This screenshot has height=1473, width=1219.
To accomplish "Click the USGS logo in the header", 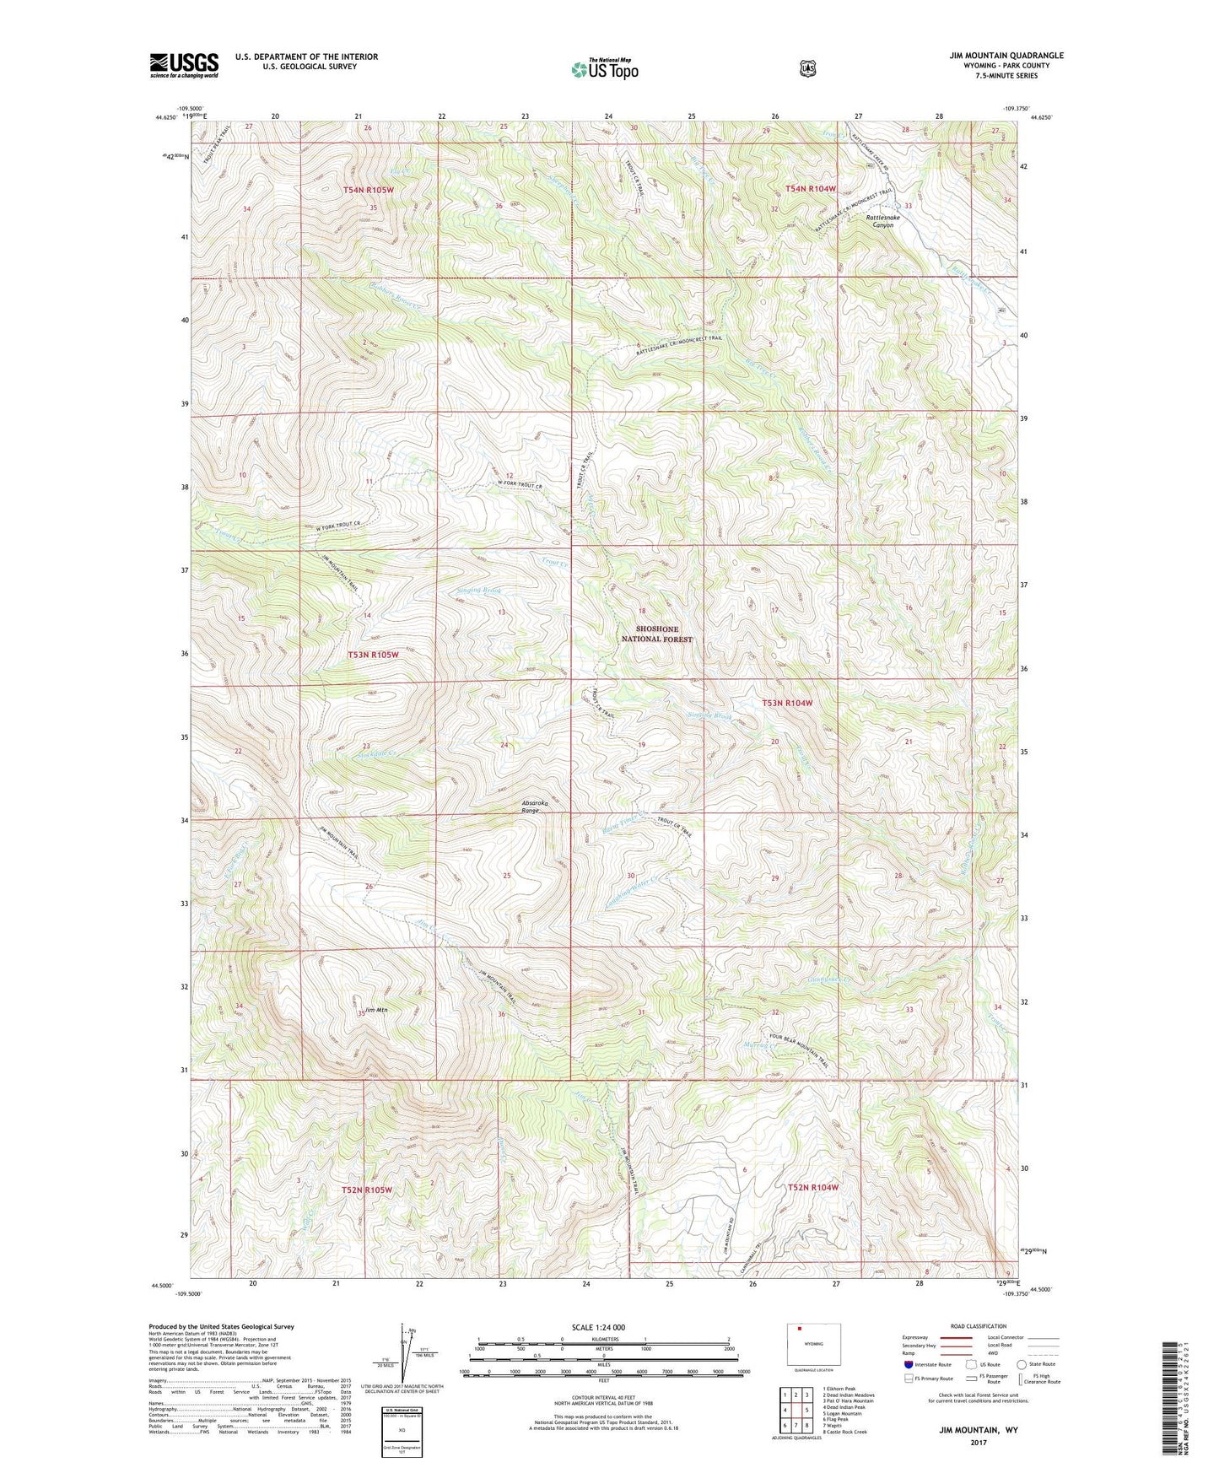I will (184, 65).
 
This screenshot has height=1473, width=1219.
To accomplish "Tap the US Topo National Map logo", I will (603, 69).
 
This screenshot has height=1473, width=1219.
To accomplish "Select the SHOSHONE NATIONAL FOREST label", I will (656, 634).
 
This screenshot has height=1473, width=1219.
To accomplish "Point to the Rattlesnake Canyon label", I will (882, 221).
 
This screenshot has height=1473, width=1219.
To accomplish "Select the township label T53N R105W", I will (372, 655).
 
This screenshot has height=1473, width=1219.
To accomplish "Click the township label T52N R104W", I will (813, 1187).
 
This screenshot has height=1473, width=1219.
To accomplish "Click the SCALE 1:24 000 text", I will (598, 1327).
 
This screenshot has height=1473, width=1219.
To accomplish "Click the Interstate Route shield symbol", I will (908, 1363).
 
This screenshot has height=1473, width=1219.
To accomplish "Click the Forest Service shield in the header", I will (807, 68).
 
